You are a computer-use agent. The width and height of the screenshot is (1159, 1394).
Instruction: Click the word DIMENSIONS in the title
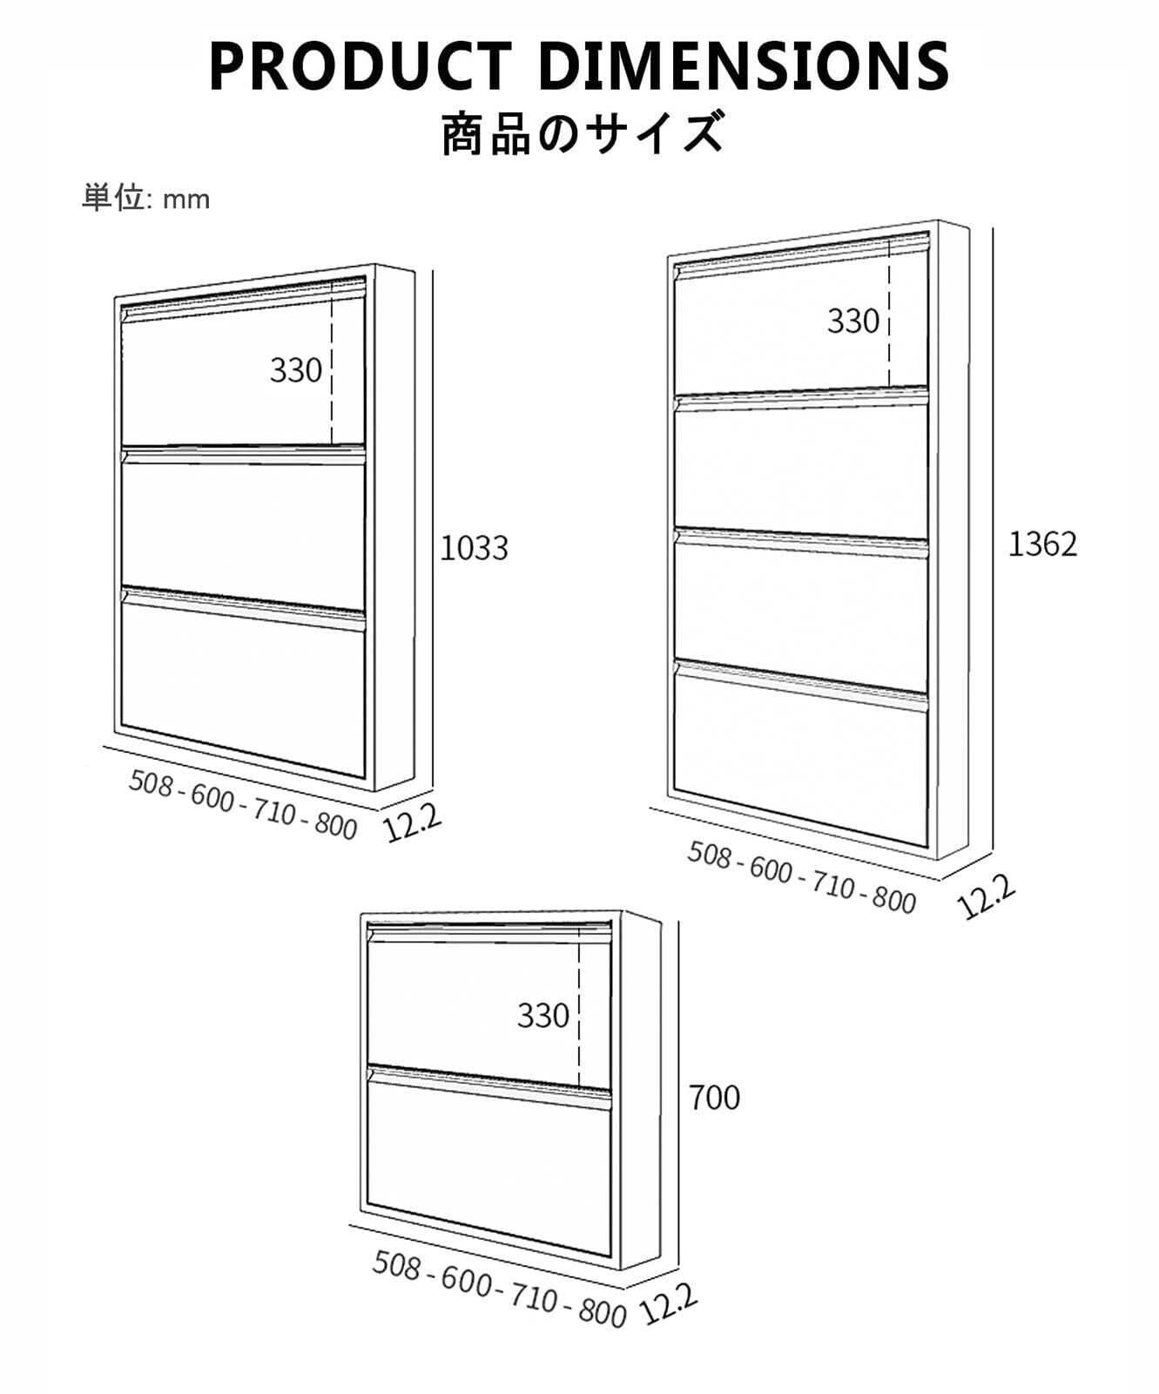pos(749,66)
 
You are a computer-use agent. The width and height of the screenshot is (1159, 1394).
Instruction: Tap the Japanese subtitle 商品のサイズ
pos(582,132)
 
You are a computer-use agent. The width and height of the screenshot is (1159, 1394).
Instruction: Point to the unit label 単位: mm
pos(146,198)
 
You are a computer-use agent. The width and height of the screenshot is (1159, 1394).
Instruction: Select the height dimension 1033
pos(474,548)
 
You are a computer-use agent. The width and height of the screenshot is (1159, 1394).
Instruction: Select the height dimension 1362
pos(1042,544)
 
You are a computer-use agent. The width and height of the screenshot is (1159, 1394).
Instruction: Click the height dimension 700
pos(714,1098)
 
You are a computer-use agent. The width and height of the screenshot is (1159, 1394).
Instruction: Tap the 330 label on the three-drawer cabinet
pos(296,370)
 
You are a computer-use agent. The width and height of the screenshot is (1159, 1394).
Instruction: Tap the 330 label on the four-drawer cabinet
pos(853,321)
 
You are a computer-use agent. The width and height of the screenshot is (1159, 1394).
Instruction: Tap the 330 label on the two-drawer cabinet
pos(543,1015)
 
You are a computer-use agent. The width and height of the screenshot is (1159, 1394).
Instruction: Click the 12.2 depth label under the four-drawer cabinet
pos(986,897)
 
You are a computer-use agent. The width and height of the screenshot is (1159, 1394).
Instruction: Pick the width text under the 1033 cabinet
pos(243,804)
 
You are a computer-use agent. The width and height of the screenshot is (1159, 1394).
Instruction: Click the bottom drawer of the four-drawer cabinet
pos(801,767)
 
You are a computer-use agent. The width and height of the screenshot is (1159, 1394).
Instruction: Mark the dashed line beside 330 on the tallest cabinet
pos(889,314)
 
